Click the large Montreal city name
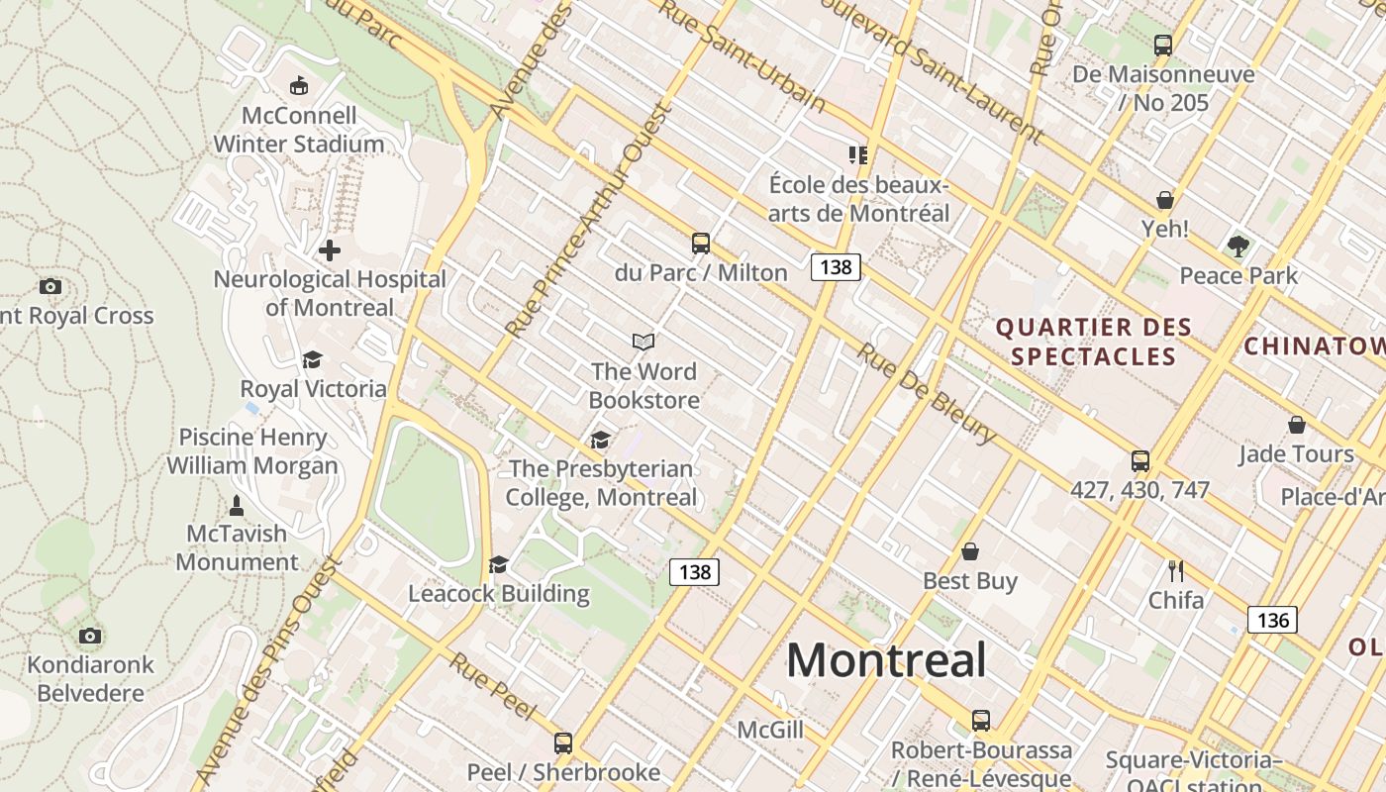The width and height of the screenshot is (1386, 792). (x=886, y=660)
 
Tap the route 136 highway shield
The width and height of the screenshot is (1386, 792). (x=1271, y=620)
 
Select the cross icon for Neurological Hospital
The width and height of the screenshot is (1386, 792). (x=330, y=250)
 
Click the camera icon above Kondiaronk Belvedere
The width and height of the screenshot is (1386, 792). (x=90, y=636)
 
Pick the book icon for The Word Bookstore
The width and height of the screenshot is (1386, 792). (x=643, y=342)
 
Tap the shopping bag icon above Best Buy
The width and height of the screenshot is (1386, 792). (x=970, y=551)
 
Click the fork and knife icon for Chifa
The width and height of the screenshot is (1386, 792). (x=1176, y=570)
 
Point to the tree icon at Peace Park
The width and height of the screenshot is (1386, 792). (x=1237, y=246)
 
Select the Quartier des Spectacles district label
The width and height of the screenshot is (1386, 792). (x=1093, y=342)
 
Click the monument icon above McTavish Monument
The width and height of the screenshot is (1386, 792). (x=237, y=505)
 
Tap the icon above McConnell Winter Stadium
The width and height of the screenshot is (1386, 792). (x=298, y=86)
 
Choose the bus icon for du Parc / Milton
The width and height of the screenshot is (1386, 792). (x=701, y=243)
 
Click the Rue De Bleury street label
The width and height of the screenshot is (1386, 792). (x=927, y=394)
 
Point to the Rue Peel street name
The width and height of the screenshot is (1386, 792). (x=492, y=686)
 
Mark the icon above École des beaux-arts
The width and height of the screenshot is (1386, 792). (x=858, y=154)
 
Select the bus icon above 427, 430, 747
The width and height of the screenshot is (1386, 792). (x=1140, y=460)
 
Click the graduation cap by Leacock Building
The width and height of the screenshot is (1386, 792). (x=499, y=564)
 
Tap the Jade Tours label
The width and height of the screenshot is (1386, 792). (x=1296, y=454)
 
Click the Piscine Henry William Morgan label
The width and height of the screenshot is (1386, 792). (x=252, y=450)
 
